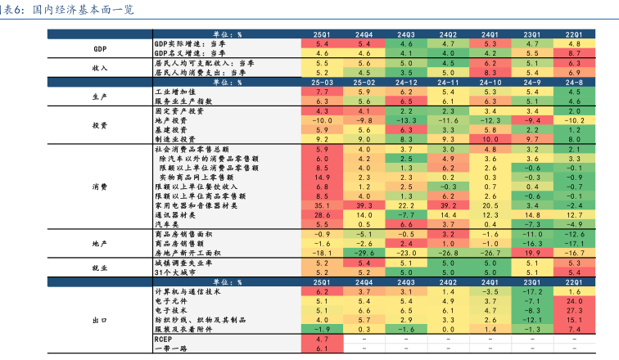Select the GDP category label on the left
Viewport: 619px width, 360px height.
coord(100,48)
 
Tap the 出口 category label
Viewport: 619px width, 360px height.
coord(100,320)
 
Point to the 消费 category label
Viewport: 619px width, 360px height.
coord(100,187)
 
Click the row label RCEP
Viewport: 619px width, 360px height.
coord(163,339)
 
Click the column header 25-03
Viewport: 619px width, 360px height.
coord(322,83)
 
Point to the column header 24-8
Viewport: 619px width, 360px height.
coord(573,83)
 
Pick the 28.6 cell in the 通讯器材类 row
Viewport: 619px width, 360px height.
coord(322,215)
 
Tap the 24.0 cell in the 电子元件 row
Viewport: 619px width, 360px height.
coord(573,301)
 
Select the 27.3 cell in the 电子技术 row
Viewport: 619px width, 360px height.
coord(573,311)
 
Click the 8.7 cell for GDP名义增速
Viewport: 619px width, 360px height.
coord(573,52)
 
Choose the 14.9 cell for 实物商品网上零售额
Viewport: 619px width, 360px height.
coord(322,177)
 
